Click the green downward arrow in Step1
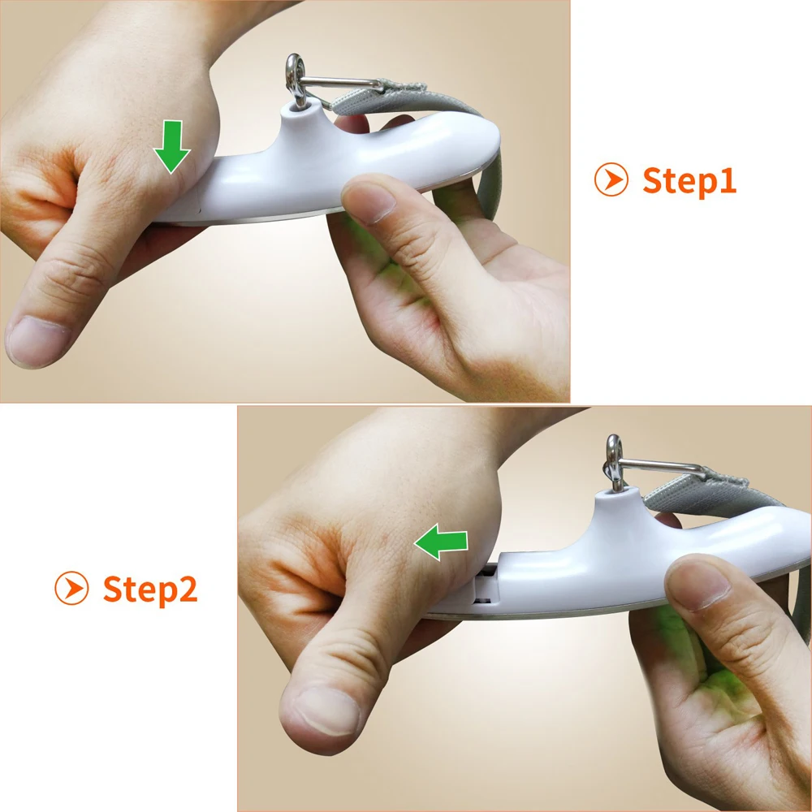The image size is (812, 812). click(172, 146)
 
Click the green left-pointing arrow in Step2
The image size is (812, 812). click(441, 542)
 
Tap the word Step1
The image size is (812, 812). click(689, 181)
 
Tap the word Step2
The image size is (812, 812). click(150, 590)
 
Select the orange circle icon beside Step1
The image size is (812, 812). click(611, 179)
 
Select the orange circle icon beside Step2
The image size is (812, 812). click(71, 588)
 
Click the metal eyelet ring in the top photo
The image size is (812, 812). click(296, 79)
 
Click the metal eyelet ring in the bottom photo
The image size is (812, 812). click(614, 463)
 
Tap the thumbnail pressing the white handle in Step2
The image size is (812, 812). click(698, 585)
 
